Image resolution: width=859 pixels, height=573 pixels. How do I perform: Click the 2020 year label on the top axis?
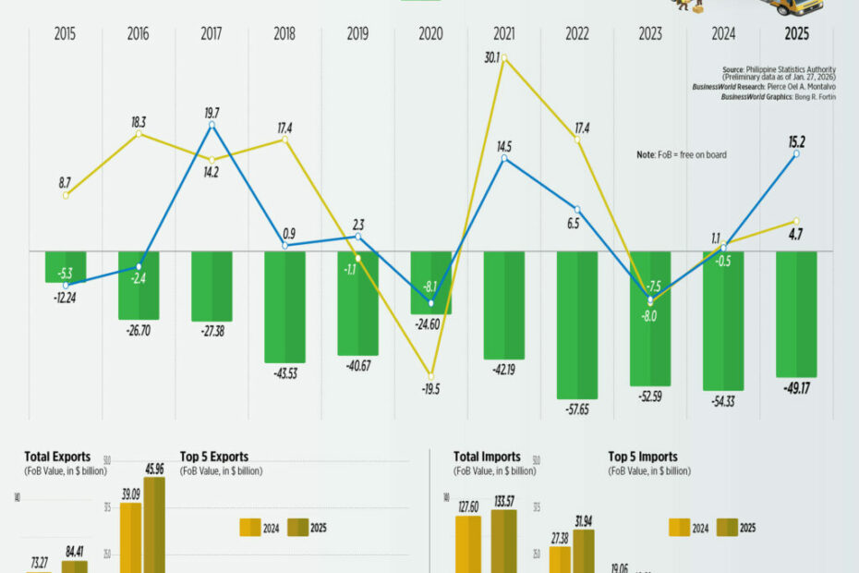click(x=429, y=34)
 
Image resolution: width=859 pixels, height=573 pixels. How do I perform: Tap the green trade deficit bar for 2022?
click(x=577, y=323)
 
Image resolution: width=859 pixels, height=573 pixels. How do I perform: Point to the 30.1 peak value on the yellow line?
click(x=491, y=57)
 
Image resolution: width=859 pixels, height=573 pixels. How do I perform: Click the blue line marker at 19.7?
click(x=212, y=125)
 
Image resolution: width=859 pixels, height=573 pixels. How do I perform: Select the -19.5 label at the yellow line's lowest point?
click(x=430, y=389)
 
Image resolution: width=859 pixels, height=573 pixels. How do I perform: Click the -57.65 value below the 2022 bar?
click(x=577, y=412)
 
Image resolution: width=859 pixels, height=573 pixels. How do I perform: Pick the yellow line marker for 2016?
click(x=139, y=134)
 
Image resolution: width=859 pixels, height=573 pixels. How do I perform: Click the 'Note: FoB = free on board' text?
click(x=682, y=155)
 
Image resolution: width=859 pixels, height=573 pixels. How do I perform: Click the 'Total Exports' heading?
click(x=57, y=457)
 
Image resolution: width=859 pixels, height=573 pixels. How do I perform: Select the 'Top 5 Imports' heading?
click(x=643, y=457)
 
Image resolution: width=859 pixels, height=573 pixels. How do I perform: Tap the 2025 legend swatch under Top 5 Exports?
click(x=296, y=528)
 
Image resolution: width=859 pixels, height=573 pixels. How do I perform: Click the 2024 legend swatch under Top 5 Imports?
click(x=680, y=528)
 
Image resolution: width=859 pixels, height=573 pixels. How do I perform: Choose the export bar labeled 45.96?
click(x=154, y=527)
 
